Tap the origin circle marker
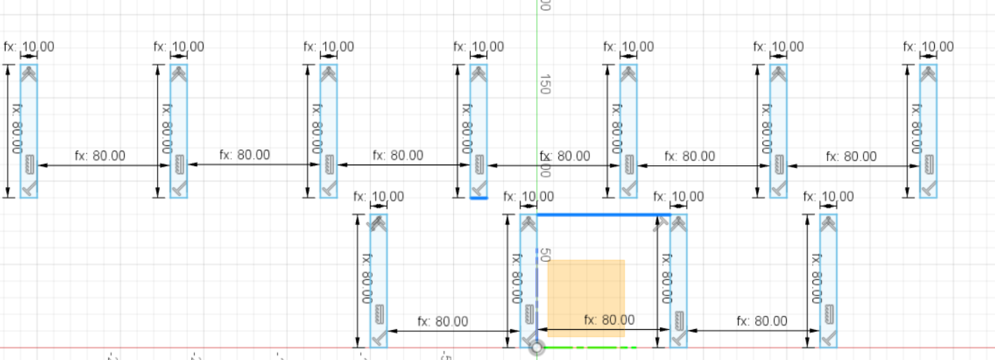click(537, 347)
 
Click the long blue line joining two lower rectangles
click(603, 214)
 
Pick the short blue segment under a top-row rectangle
click(479, 198)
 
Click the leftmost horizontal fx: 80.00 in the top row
click(99, 155)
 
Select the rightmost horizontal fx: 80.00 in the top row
click(851, 156)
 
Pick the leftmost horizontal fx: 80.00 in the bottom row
click(443, 321)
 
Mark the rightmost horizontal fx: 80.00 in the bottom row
click(762, 321)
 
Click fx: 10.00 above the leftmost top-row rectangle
click(29, 47)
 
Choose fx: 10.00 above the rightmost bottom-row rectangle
click(829, 197)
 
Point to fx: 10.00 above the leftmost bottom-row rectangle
click(379, 197)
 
